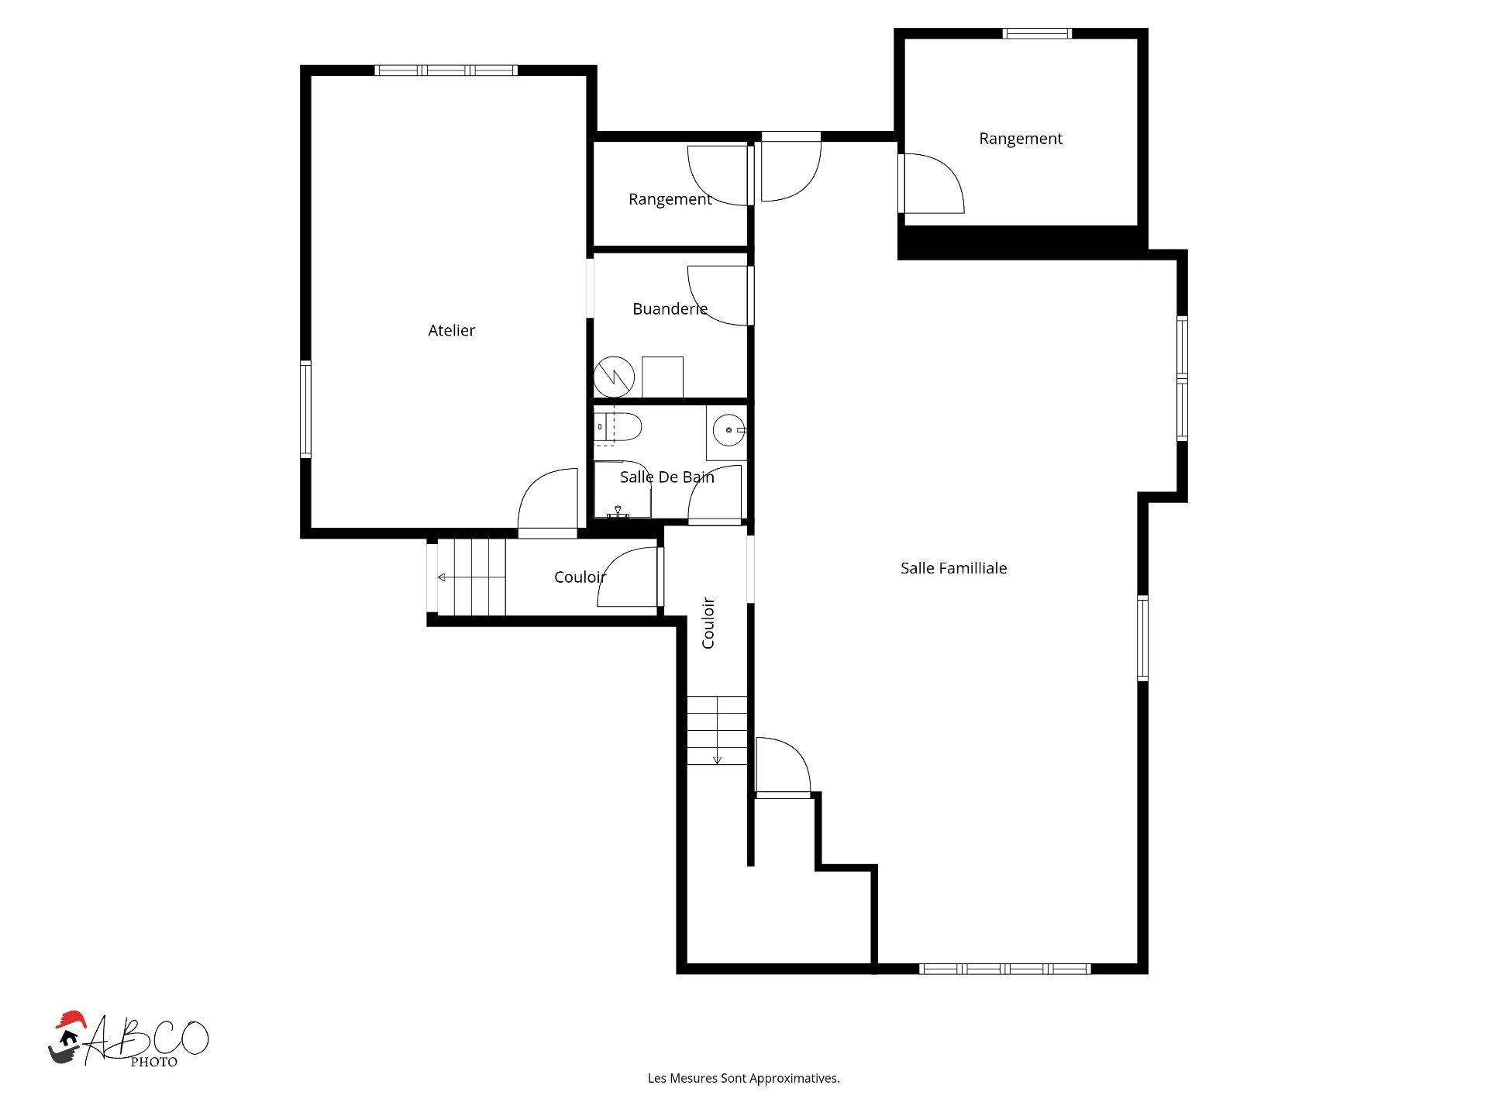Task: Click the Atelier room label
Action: (451, 330)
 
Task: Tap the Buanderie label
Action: (670, 308)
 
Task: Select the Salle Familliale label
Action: (953, 568)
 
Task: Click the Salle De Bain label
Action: (666, 477)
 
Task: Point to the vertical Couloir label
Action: (708, 622)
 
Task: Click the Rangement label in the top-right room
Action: (1021, 139)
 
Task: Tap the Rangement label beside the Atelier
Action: (670, 199)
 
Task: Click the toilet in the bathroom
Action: (618, 427)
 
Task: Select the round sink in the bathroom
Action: (728, 430)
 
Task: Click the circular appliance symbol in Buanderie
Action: (614, 377)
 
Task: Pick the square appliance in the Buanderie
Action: (663, 377)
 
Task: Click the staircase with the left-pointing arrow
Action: (471, 577)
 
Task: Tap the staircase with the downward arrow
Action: (717, 730)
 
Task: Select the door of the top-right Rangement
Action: (932, 184)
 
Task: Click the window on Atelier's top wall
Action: (446, 71)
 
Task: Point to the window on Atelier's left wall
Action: (305, 409)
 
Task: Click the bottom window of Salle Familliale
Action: (1004, 969)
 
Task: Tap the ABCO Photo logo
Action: (129, 1040)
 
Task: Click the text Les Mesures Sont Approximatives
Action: (744, 1078)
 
